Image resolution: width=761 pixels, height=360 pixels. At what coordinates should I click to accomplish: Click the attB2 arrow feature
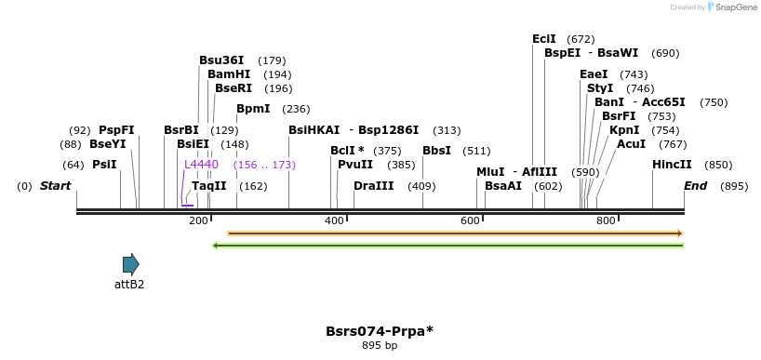tap(130, 264)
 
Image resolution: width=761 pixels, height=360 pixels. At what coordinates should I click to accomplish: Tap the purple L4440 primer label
tap(201, 165)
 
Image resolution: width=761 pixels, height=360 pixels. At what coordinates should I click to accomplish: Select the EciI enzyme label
tap(544, 39)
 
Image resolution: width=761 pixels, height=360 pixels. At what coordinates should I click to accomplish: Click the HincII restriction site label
tap(672, 165)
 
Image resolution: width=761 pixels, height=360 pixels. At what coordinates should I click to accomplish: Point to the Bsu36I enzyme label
tap(221, 60)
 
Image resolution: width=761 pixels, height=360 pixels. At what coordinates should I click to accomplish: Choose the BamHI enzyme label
tap(229, 74)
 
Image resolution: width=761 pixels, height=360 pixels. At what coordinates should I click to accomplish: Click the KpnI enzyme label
tap(624, 130)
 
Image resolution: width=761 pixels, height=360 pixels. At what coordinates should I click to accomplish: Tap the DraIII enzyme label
tap(374, 186)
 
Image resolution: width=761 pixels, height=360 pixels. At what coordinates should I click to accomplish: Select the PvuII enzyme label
tap(355, 165)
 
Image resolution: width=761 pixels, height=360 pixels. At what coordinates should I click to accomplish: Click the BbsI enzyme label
tap(436, 151)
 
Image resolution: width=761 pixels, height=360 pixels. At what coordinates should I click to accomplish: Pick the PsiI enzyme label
tap(104, 165)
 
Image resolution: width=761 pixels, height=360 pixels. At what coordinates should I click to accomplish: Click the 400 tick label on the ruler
tap(334, 220)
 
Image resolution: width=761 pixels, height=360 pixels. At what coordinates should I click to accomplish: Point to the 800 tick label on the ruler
tap(606, 220)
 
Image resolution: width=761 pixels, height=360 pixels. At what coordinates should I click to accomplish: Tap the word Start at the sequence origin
tap(55, 186)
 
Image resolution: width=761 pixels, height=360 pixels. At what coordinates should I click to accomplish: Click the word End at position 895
tap(696, 186)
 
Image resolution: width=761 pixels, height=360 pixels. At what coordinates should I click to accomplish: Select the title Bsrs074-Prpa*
tap(380, 331)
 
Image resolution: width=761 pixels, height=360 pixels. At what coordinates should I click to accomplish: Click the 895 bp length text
tap(380, 346)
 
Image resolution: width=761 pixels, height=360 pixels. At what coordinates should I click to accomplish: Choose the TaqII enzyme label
tap(209, 186)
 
